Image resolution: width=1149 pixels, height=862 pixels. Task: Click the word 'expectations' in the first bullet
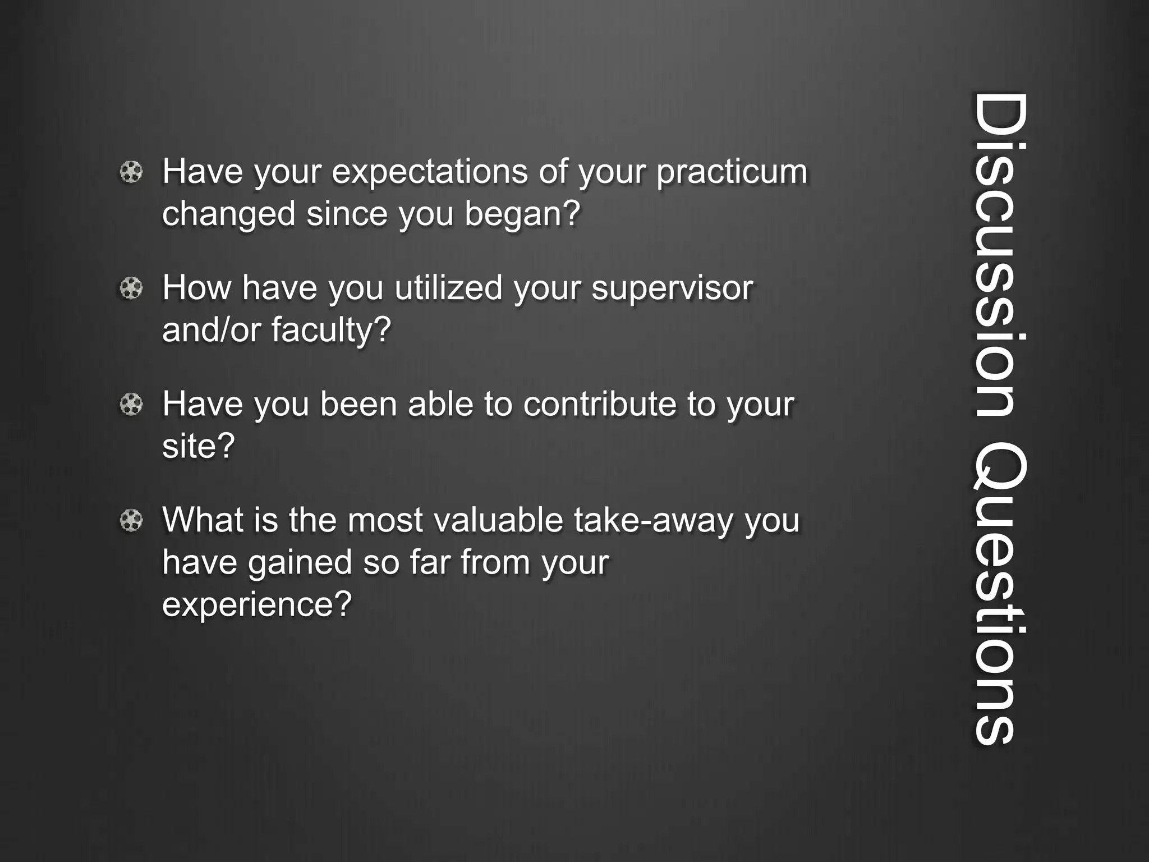pyautogui.click(x=430, y=172)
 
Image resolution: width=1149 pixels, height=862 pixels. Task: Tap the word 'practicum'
pyautogui.click(x=732, y=172)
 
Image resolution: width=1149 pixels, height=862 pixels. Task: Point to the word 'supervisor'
pyautogui.click(x=672, y=288)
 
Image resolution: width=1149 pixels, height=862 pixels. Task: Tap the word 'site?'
pyautogui.click(x=198, y=446)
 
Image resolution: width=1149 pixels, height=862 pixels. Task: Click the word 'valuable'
pyautogui.click(x=498, y=520)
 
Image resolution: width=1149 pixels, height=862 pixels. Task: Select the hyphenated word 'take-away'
pyautogui.click(x=654, y=520)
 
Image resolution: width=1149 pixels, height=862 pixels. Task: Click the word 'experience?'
pyautogui.click(x=257, y=604)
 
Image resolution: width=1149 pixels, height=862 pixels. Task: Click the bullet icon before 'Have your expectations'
pyautogui.click(x=131, y=172)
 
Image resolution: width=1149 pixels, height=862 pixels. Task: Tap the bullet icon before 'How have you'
pyautogui.click(x=131, y=288)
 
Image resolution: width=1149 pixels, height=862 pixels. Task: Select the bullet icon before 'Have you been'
pyautogui.click(x=131, y=405)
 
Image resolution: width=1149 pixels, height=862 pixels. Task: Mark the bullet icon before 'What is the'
pyautogui.click(x=131, y=521)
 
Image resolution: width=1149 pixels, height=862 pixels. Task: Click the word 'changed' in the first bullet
pyautogui.click(x=228, y=214)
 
